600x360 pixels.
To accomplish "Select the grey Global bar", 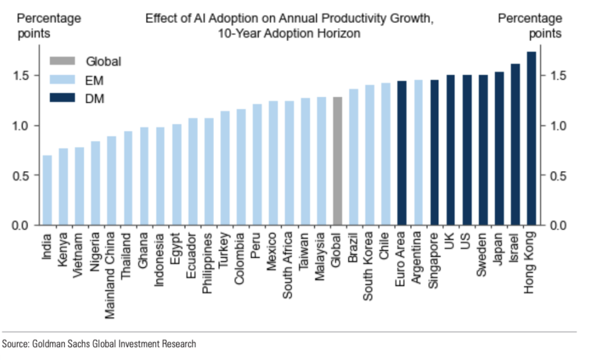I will tap(337, 161).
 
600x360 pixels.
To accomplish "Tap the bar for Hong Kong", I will tap(531, 138).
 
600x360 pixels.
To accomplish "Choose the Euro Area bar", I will tap(402, 153).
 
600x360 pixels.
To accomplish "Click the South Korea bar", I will tap(370, 155).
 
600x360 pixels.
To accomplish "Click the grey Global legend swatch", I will tap(62, 61).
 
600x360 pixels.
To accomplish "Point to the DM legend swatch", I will tap(62, 99).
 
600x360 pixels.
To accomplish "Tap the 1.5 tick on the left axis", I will tap(26, 76).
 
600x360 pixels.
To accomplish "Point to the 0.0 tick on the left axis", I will tap(26, 225).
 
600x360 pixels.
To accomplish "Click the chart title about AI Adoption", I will tap(290, 26).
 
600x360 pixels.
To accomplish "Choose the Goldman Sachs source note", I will tap(99, 344).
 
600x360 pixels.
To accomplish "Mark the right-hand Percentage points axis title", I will tap(530, 26).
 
